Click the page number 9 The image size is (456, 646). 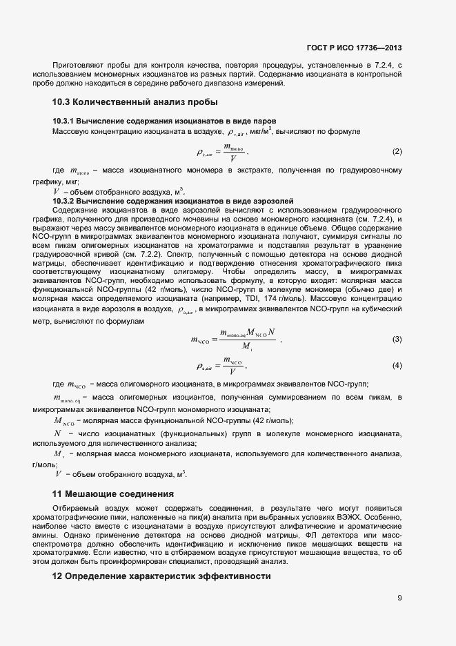(x=399, y=598)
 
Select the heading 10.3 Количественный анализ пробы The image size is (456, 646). (x=135, y=103)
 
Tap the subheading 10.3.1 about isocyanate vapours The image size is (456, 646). (x=165, y=121)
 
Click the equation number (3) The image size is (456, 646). (x=397, y=339)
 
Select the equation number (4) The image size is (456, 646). (x=397, y=364)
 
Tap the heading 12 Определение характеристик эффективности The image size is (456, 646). (x=161, y=576)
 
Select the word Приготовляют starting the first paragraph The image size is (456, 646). (x=76, y=66)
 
